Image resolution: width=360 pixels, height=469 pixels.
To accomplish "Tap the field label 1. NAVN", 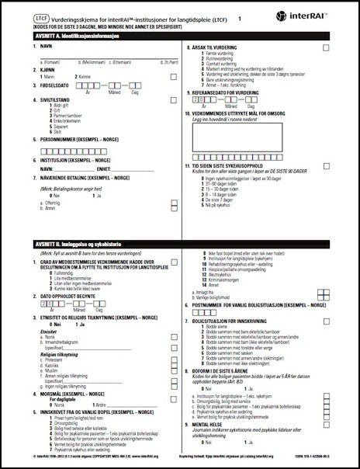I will pyautogui.click(x=31, y=48).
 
